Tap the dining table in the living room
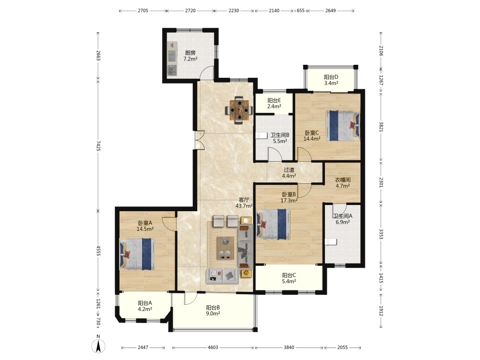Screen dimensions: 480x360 [x=239, y=110]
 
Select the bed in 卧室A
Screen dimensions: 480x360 [x=137, y=254]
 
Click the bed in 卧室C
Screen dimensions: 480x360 [x=343, y=125]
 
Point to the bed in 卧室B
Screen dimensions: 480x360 [x=274, y=224]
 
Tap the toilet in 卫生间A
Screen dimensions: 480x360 [x=331, y=242]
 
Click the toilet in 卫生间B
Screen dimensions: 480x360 [x=261, y=135]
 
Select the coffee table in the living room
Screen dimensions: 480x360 [x=225, y=248]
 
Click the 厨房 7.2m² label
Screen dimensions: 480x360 [x=190, y=56]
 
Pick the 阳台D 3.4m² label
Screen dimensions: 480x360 [x=331, y=80]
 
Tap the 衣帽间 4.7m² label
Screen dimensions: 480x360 [x=343, y=183]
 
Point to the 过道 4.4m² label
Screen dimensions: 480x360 [x=289, y=173]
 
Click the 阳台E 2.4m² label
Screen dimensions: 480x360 [x=274, y=103]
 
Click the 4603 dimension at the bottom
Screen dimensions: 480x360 [x=213, y=347]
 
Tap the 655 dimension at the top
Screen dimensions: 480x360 [x=300, y=11]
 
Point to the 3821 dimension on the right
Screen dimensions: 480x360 [x=381, y=126]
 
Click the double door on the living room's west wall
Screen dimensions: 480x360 [x=199, y=140]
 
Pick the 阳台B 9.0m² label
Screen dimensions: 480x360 [x=213, y=311]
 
